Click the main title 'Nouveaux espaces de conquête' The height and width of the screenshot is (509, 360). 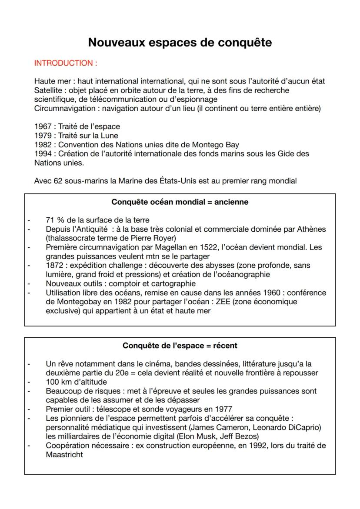pyautogui.click(x=180, y=42)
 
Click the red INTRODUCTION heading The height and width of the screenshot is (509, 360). pyautogui.click(x=66, y=63)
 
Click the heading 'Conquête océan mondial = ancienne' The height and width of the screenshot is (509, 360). pyautogui.click(x=180, y=202)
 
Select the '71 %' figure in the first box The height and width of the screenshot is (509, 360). pyautogui.click(x=54, y=220)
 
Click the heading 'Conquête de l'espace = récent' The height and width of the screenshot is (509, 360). pyautogui.click(x=180, y=346)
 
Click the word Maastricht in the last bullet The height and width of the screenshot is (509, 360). pyautogui.click(x=64, y=455)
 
